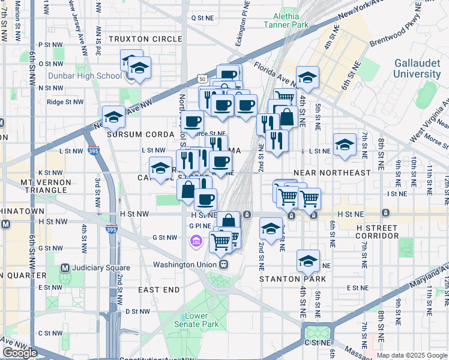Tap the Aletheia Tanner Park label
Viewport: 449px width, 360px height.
click(286, 20)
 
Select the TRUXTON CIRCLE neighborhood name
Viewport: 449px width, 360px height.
click(145, 39)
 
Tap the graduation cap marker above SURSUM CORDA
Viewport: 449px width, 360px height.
click(113, 119)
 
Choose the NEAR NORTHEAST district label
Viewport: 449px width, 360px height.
click(332, 173)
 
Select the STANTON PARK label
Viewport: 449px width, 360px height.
click(292, 279)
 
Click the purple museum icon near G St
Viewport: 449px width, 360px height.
click(194, 241)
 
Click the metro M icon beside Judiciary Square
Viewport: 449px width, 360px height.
click(65, 268)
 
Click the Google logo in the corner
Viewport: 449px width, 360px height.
click(20, 353)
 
